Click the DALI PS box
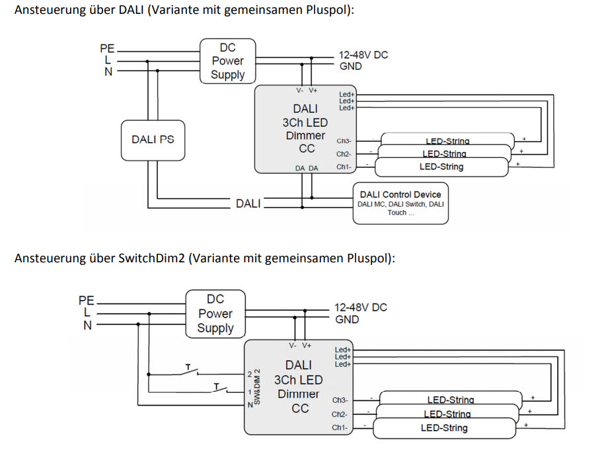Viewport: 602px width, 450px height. [153, 139]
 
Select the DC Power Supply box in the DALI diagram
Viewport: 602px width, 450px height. [227, 61]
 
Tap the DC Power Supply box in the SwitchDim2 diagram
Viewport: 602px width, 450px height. [215, 314]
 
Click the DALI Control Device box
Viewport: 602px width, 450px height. [400, 203]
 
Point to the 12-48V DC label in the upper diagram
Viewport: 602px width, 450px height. [363, 55]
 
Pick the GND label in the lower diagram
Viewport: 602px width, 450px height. [347, 320]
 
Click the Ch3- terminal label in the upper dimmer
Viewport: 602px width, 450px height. [344, 141]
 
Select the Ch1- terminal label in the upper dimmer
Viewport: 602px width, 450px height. [344, 167]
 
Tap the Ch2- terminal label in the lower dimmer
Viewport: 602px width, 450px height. [339, 414]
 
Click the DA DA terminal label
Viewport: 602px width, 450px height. [307, 169]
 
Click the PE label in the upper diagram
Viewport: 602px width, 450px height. [107, 48]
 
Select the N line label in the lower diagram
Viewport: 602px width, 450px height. [87, 325]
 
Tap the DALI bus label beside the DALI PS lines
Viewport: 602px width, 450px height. [248, 204]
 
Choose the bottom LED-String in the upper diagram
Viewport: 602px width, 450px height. [441, 167]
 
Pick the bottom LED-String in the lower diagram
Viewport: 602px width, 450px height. [444, 428]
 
